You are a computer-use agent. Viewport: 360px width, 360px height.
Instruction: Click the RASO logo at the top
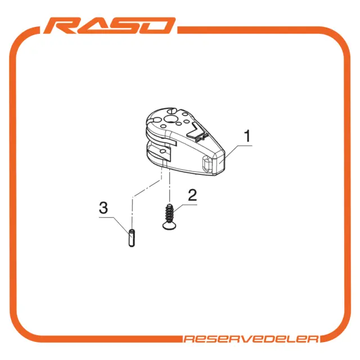109,25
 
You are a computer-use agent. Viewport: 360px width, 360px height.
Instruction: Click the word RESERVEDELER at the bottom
251,339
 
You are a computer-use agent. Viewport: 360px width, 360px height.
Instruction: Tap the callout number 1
247,136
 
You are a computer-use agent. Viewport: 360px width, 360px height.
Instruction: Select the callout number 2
192,195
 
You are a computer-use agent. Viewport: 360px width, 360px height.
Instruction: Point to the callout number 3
103,208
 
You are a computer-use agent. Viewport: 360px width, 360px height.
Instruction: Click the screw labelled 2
170,217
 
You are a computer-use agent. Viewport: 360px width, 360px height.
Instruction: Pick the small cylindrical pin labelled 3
132,238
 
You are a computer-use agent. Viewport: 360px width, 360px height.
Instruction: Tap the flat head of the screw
170,226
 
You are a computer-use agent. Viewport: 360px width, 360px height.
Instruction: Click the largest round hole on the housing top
170,119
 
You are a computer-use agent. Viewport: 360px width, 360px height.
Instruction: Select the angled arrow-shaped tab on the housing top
197,132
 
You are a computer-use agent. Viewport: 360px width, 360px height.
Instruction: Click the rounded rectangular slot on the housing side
208,163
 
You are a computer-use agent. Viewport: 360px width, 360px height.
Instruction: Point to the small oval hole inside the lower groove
163,151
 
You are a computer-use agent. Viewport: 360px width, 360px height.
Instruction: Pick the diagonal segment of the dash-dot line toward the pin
147,188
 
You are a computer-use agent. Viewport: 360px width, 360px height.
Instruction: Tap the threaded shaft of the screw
169,213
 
